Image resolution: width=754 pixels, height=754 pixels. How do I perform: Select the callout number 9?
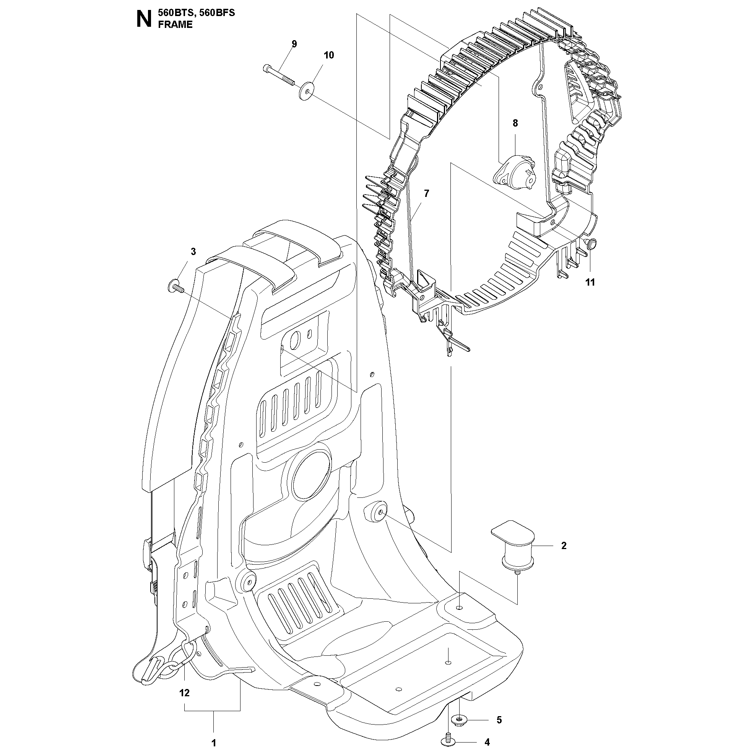point(294,44)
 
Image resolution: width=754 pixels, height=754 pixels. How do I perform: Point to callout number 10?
point(328,55)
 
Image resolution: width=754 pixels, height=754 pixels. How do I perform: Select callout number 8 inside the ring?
point(515,123)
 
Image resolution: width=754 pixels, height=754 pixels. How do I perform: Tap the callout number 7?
point(426,193)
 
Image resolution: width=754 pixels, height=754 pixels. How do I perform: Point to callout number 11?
point(590,282)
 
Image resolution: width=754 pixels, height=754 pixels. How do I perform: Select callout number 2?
point(564,546)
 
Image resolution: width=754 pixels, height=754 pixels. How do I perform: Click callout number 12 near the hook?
point(184,693)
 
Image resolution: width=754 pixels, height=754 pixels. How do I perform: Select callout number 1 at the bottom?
point(213,743)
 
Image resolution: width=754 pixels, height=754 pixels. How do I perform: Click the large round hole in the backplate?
point(312,474)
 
